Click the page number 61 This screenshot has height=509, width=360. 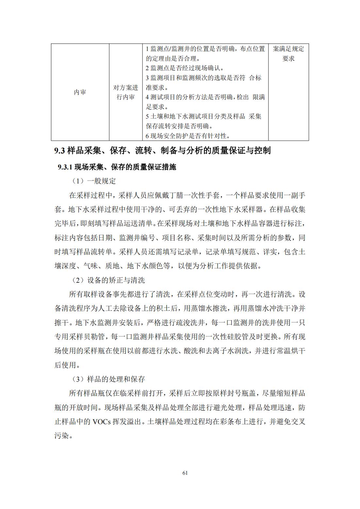point(185,473)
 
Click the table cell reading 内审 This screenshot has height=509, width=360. point(80,92)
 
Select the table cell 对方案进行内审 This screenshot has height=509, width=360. point(126,92)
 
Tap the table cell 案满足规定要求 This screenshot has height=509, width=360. point(288,54)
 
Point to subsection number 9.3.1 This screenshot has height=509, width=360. point(64,167)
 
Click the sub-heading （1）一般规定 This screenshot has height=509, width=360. point(94,181)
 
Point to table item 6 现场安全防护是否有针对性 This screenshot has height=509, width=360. point(188,136)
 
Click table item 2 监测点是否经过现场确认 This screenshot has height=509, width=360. point(185,68)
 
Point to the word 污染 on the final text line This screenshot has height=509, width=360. point(61,436)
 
